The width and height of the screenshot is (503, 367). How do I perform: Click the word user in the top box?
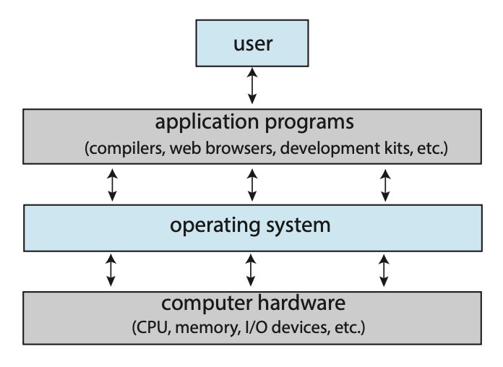[252, 43]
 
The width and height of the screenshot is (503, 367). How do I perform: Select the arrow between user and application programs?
[252, 86]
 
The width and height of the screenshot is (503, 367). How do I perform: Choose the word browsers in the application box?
[240, 149]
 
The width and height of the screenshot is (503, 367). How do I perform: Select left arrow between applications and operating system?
[112, 185]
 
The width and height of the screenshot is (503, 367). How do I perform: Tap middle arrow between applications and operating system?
[252, 185]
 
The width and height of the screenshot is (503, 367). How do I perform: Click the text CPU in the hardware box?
[151, 328]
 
